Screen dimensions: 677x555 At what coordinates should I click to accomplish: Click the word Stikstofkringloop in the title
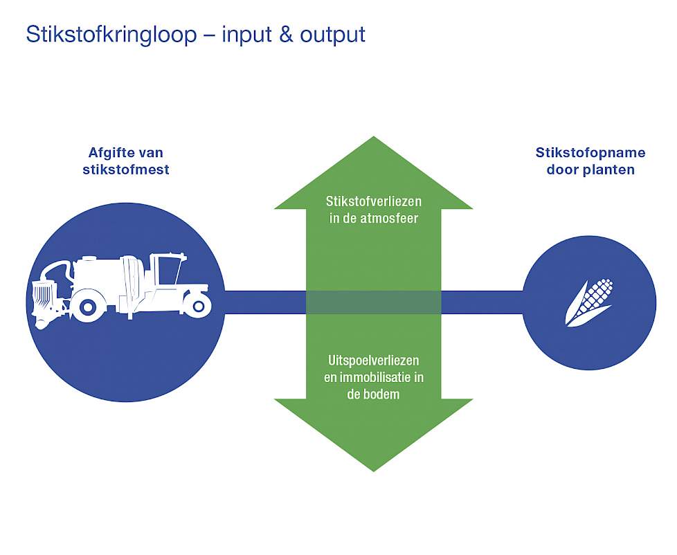111,35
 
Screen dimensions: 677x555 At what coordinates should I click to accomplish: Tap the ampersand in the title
287,34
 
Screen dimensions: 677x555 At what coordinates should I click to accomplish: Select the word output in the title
333,35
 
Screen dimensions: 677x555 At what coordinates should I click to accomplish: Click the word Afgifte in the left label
111,152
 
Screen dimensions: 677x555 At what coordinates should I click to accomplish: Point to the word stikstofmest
126,169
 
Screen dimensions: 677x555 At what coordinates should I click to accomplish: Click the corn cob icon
589,302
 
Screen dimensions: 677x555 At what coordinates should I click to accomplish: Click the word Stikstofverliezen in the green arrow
374,201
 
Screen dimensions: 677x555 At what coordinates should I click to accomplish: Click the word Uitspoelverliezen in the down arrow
374,361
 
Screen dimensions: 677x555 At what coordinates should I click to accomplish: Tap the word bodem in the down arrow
382,394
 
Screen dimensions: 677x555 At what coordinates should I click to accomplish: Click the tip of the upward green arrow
374,137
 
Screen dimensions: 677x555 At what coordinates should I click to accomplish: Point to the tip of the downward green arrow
374,471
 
